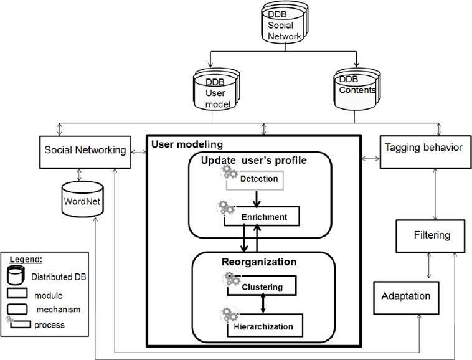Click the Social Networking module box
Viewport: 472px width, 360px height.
(85, 150)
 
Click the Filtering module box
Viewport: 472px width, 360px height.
(432, 236)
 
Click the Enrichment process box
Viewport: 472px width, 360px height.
(264, 217)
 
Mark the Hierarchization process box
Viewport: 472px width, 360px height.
(264, 324)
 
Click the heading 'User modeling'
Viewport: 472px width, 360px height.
(186, 144)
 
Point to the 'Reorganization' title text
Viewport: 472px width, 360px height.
(259, 262)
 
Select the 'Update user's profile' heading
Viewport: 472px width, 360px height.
(253, 161)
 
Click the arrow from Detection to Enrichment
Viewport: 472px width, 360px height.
(256, 199)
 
